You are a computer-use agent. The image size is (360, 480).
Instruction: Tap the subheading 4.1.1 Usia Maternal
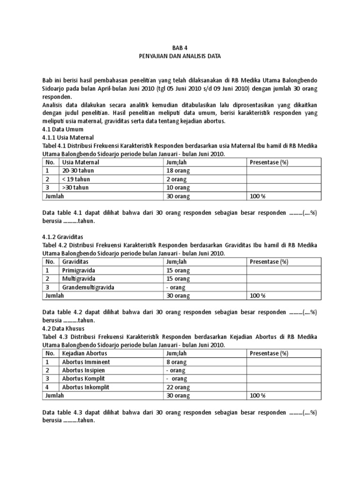(68, 137)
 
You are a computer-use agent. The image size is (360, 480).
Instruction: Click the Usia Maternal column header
(80, 162)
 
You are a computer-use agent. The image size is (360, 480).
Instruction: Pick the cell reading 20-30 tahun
(78, 171)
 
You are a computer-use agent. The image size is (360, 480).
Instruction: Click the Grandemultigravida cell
(88, 287)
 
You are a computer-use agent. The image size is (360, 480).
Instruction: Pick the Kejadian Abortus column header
(84, 353)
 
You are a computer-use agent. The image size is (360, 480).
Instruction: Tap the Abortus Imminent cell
(86, 362)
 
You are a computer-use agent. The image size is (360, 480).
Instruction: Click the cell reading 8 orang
(175, 362)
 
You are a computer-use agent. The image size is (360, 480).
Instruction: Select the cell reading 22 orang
(177, 387)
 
